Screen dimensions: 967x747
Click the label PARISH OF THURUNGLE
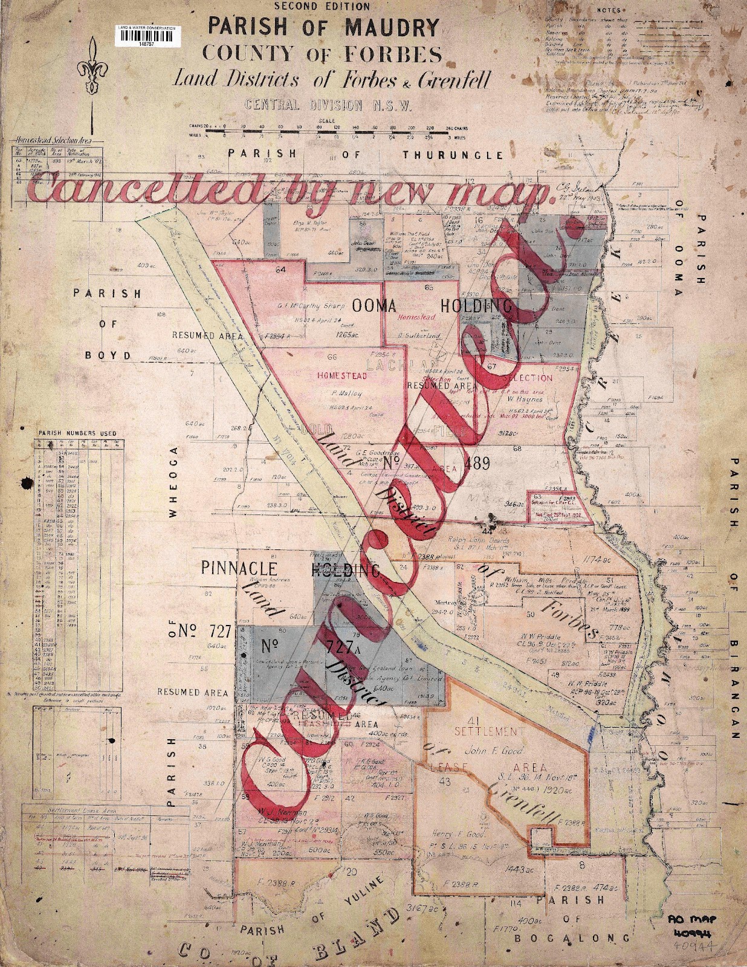(x=365, y=155)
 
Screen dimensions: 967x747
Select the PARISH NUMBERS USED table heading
(x=77, y=433)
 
